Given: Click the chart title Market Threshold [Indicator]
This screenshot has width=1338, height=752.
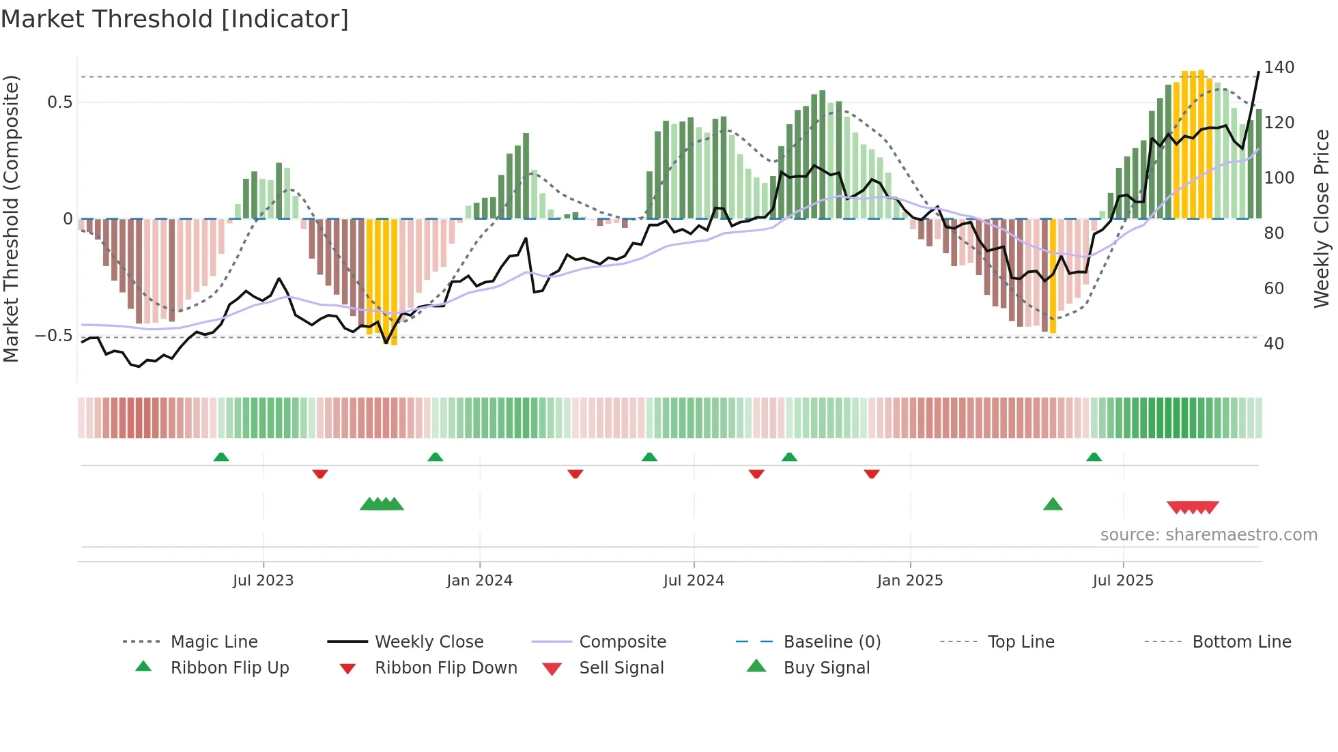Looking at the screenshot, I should tap(175, 19).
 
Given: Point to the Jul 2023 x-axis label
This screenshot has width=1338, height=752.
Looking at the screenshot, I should tap(263, 581).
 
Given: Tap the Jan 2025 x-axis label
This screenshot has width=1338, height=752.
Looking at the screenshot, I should tap(910, 581).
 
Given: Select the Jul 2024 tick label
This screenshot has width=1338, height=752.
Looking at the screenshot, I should tap(694, 581).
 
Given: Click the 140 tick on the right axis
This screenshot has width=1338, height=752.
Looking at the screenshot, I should tap(1279, 68).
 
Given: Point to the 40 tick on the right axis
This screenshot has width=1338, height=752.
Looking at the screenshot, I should tap(1274, 344).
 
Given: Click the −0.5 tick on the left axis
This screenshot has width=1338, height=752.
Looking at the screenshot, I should tap(53, 336).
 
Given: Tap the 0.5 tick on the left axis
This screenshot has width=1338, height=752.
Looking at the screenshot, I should tap(59, 102).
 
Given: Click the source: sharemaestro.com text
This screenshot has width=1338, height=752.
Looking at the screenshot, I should tap(1208, 535).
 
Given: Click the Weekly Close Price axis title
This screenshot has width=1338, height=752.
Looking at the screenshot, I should tap(1322, 218).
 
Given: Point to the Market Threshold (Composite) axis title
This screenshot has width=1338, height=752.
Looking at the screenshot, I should tap(11, 218).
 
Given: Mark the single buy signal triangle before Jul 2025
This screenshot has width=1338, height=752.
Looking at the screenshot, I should tap(1053, 504).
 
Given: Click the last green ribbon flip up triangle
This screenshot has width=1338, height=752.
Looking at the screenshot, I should tap(1094, 457).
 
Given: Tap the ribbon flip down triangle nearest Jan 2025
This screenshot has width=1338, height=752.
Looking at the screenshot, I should tap(872, 474).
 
